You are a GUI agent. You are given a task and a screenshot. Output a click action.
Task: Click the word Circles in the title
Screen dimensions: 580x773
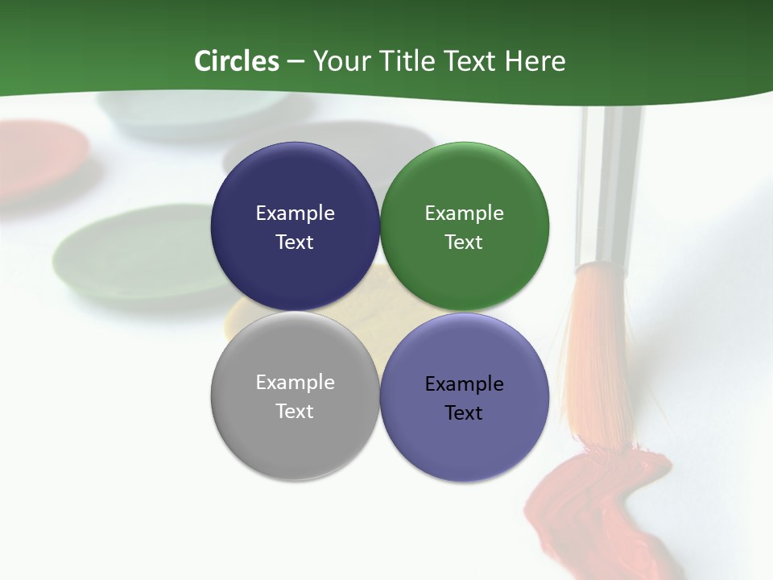pos(236,61)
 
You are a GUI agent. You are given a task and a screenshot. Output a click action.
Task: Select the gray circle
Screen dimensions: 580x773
pos(295,443)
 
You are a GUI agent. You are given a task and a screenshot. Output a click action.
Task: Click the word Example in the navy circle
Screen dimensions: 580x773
pos(295,213)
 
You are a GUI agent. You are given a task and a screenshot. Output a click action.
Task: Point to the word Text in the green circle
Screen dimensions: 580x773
pos(464,242)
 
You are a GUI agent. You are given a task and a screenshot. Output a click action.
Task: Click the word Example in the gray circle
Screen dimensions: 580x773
pos(295,383)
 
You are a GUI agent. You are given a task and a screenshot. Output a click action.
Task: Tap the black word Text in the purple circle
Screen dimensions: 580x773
pos(464,413)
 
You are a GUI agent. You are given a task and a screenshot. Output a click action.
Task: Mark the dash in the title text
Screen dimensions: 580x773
pos(296,61)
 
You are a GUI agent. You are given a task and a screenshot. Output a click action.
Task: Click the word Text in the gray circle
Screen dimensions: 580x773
pos(295,412)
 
